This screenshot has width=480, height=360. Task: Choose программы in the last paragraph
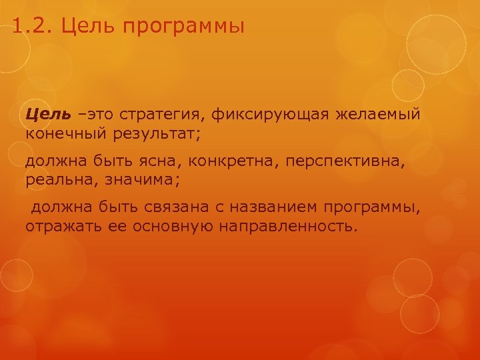coord(373,209)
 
